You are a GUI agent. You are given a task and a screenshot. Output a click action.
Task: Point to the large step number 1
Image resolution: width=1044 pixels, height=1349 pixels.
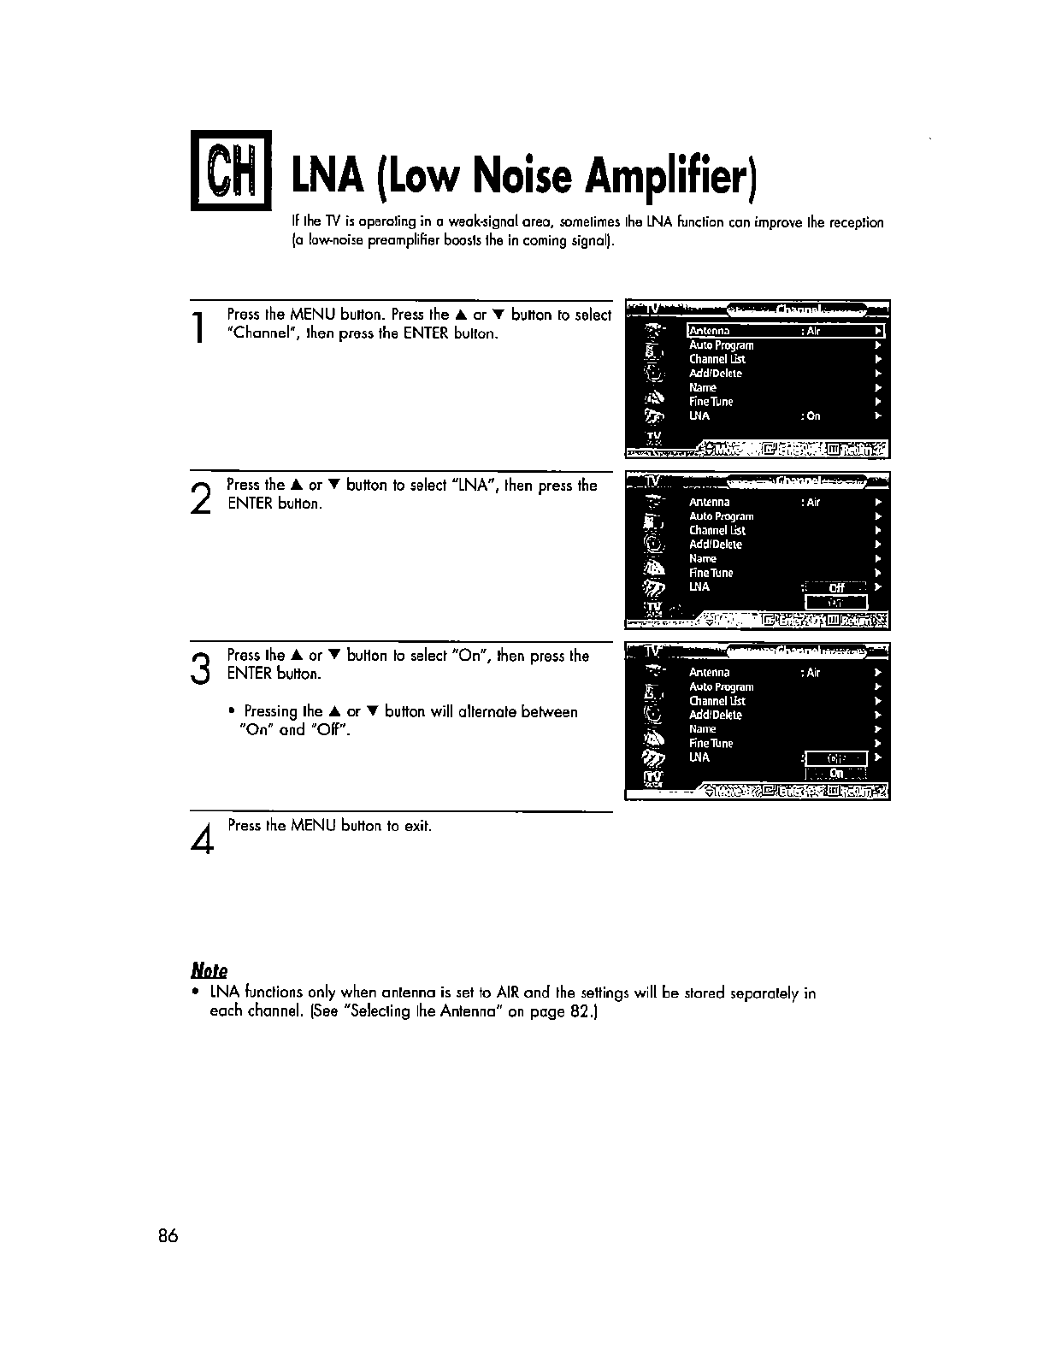[198, 328]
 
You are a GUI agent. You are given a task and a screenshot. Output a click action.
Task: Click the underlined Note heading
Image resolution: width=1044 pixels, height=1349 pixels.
[209, 970]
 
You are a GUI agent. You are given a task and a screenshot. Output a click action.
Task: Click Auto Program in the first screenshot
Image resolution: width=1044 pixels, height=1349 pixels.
[722, 345]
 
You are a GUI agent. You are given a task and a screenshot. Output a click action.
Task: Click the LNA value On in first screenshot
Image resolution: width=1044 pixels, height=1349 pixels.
[812, 416]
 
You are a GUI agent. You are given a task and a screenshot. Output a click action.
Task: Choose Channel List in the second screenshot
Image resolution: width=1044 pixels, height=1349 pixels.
[717, 531]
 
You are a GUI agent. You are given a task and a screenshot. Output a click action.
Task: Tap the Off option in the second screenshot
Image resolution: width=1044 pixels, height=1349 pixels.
[836, 587]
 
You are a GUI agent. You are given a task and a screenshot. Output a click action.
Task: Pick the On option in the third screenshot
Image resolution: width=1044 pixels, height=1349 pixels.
[836, 773]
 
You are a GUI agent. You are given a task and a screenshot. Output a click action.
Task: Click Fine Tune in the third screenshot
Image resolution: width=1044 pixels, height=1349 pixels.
[711, 744]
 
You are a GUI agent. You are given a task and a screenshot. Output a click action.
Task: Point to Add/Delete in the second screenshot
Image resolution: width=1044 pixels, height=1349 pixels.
[716, 545]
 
